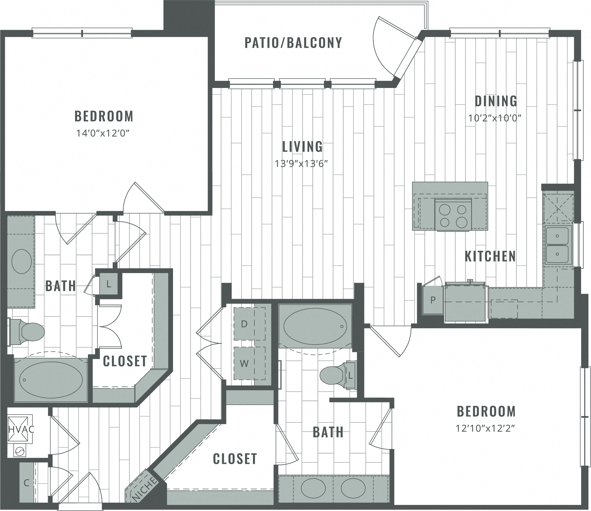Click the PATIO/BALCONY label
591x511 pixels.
click(293, 43)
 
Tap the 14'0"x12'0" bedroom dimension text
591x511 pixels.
click(104, 133)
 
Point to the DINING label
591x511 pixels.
click(496, 101)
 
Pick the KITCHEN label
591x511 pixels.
click(490, 256)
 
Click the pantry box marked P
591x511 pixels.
click(433, 300)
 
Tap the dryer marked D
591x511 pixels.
click(244, 324)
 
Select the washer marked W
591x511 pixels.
click(244, 363)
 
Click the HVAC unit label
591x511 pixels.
click(21, 429)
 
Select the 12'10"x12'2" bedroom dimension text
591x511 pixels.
click(486, 428)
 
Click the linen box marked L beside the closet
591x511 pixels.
click(108, 284)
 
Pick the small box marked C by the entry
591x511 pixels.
click(27, 483)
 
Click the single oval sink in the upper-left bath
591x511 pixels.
click(22, 261)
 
